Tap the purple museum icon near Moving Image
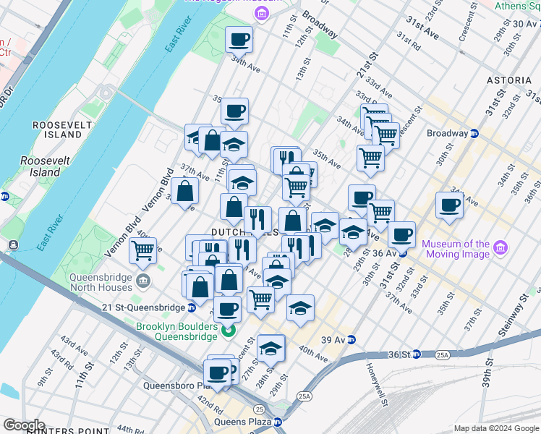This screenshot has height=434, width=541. coord(500,249)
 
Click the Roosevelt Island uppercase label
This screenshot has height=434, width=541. coord(57,129)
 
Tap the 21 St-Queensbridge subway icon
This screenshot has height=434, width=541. coord(192,307)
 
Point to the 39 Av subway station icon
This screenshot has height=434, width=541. coord(352,339)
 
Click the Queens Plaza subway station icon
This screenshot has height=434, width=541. coord(278,422)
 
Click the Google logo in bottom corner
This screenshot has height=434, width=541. coord(25,425)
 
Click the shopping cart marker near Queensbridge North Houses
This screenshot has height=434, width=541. coord(143,251)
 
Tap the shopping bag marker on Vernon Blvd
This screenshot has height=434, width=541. coord(185,190)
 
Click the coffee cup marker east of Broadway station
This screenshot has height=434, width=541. coord(449,205)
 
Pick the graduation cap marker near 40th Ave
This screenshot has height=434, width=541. coord(270,349)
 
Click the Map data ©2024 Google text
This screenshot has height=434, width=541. coord(496,428)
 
